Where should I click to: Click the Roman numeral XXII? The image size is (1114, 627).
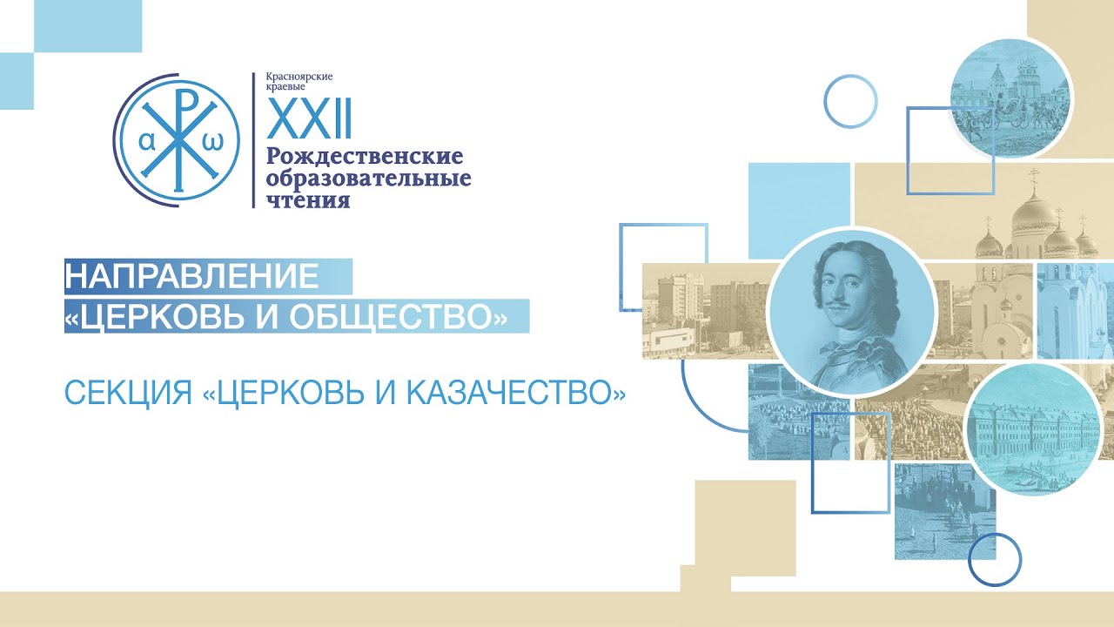(x=309, y=118)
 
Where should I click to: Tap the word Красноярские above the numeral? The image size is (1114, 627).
(x=299, y=77)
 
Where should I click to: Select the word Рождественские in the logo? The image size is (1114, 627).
(x=365, y=158)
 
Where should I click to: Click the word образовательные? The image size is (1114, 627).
(x=368, y=179)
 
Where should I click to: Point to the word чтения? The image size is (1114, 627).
(x=309, y=200)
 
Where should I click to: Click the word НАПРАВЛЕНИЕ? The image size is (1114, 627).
(x=192, y=276)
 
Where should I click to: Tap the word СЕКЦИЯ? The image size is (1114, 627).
(x=128, y=393)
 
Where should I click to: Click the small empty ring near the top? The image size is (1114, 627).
(x=850, y=102)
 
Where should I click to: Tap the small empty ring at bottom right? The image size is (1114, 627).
(x=995, y=559)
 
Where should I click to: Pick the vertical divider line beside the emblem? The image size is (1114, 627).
(x=253, y=140)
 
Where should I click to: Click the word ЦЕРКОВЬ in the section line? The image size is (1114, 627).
(x=292, y=394)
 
